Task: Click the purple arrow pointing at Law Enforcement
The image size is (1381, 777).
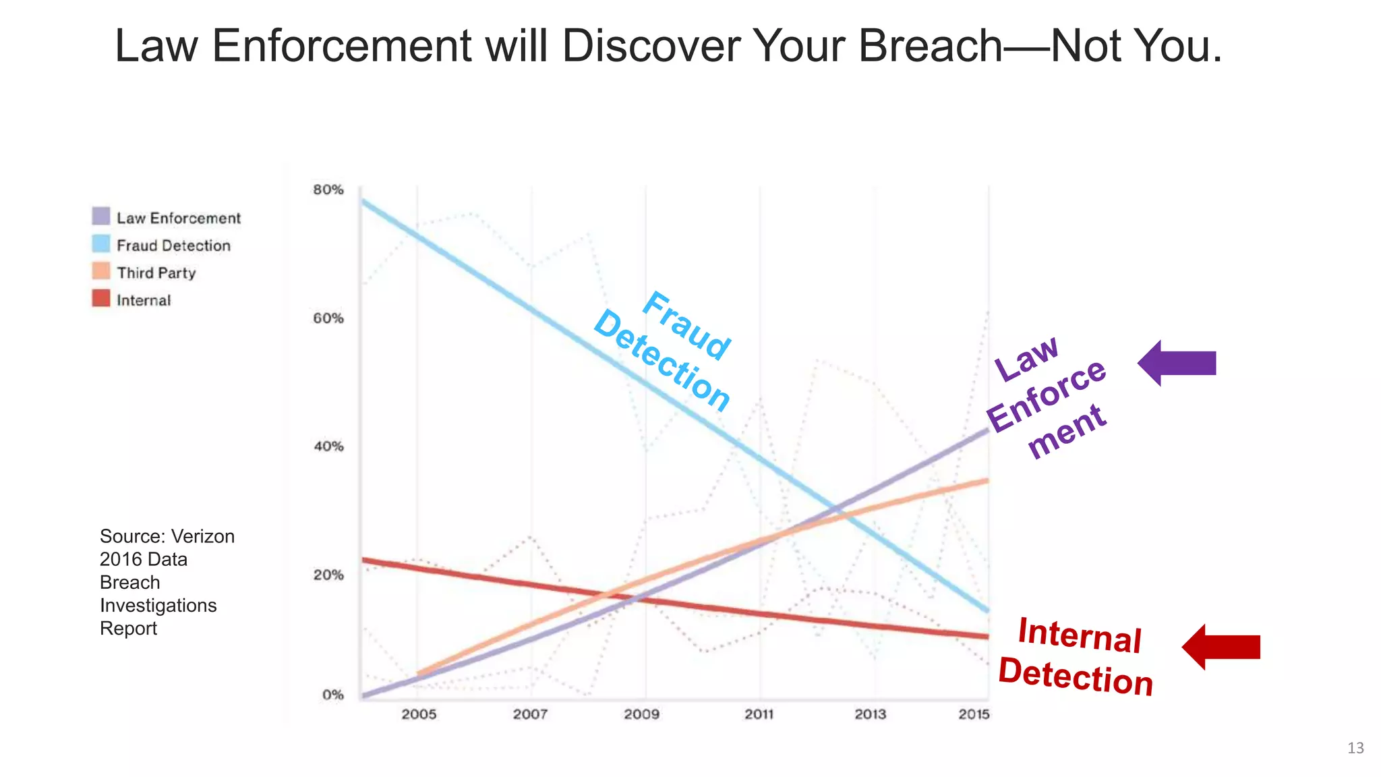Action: tap(1177, 363)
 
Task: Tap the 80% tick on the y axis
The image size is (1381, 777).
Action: tap(328, 190)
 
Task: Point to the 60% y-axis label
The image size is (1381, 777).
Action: tap(328, 318)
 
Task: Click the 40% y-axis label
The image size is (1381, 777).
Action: tap(328, 447)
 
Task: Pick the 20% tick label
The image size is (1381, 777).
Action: tap(328, 575)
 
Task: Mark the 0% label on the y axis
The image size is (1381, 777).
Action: tap(332, 695)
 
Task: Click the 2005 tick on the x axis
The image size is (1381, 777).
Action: tap(419, 714)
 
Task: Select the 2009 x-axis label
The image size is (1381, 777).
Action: tap(641, 714)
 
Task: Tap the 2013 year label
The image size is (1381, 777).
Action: tap(870, 714)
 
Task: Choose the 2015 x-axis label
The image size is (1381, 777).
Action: tap(974, 714)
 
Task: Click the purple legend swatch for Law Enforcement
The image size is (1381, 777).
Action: tap(101, 217)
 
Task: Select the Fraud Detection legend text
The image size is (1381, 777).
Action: tap(173, 246)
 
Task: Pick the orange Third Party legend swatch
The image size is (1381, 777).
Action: tap(101, 271)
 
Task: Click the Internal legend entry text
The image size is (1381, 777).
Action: tap(144, 301)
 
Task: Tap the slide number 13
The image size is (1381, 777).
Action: tap(1355, 748)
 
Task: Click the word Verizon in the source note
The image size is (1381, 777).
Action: tap(203, 536)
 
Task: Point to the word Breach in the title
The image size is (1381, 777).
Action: tap(931, 46)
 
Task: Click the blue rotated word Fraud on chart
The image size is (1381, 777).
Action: tap(686, 326)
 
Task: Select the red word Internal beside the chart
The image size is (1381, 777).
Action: tap(1079, 635)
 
